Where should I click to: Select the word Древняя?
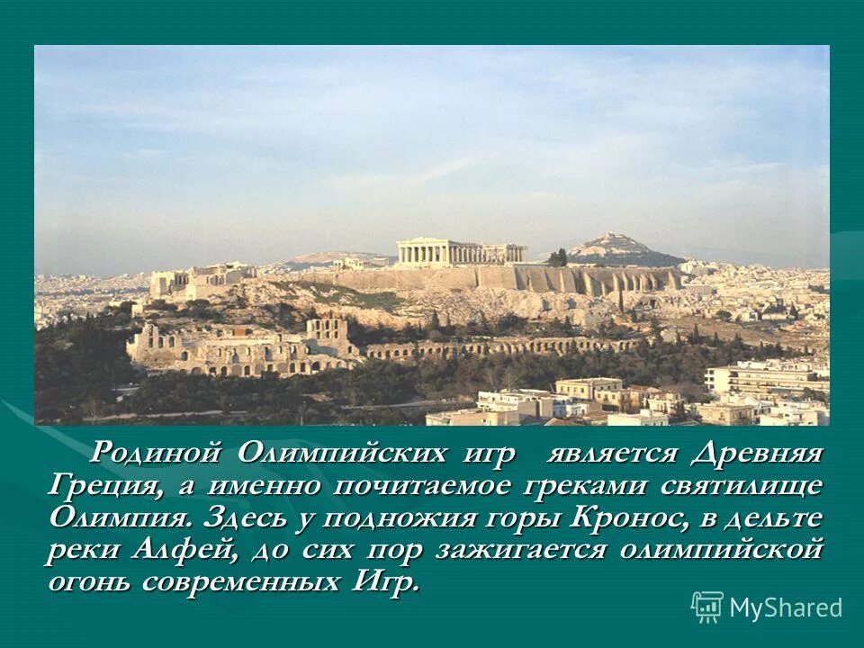[x=757, y=453]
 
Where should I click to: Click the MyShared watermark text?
[x=786, y=607]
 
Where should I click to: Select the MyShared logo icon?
[x=706, y=607]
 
